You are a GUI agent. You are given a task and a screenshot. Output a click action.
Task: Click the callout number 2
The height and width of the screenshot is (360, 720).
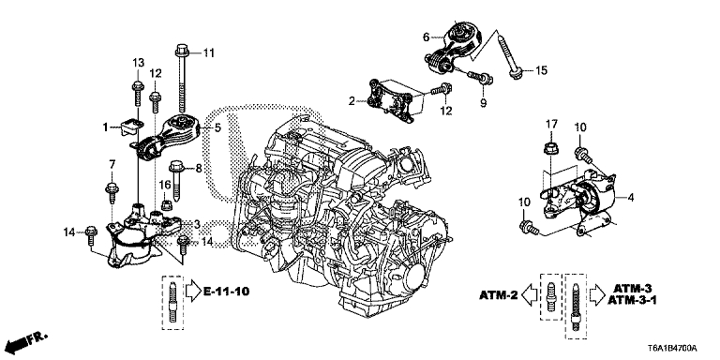[x=352, y=100]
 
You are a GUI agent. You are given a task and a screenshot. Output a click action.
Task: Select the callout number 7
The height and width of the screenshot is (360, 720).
[x=112, y=165]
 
